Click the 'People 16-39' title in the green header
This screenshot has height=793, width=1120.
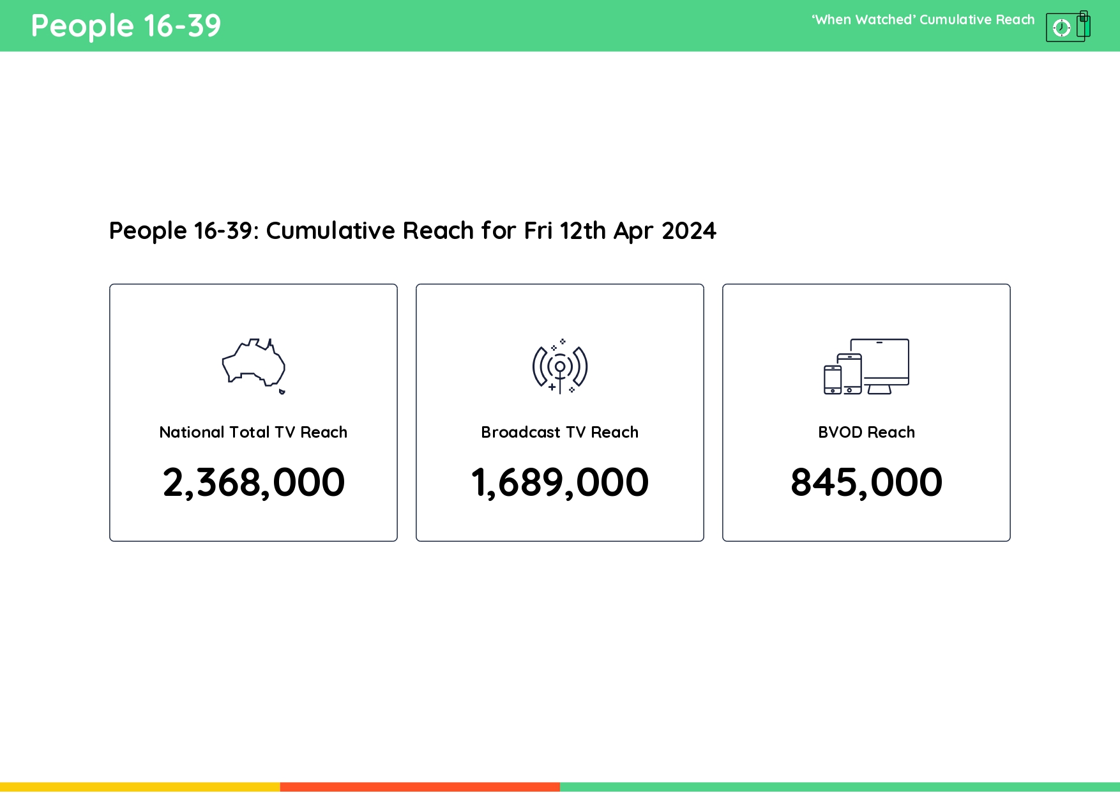pos(126,26)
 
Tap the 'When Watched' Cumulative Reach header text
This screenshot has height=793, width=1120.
pos(923,20)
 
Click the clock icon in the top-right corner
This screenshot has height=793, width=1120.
pos(1061,27)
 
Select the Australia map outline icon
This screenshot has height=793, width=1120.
pos(253,363)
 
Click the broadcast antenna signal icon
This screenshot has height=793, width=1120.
pos(560,367)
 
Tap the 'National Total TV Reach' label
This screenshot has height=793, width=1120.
pos(253,433)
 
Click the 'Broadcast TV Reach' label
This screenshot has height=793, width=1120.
pos(559,433)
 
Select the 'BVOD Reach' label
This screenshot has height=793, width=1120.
pos(866,433)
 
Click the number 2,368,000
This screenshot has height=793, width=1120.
pos(254,482)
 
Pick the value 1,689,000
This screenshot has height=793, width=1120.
pos(559,482)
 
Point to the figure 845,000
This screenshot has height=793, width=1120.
pos(866,482)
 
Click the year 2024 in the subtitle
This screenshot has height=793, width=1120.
pos(689,231)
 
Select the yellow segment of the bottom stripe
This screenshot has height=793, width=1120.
pos(140,787)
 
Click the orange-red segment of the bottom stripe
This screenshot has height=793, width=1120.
pos(420,787)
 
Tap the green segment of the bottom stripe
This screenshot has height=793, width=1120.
pos(840,787)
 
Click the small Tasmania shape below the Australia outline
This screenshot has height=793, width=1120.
pos(282,391)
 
